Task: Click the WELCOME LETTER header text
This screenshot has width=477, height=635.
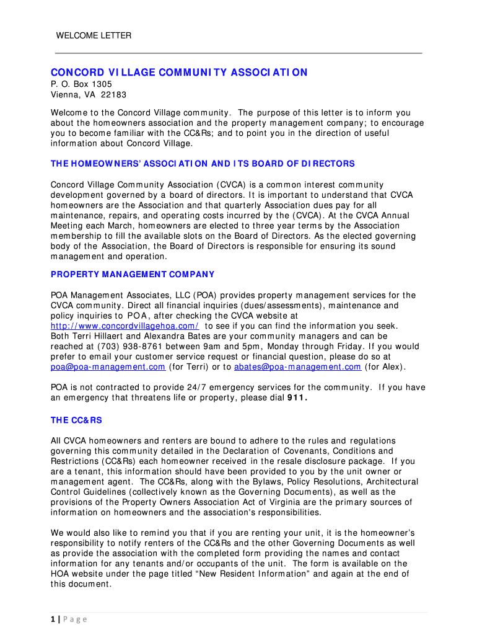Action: click(x=94, y=35)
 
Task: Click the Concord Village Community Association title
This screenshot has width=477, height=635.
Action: click(x=179, y=73)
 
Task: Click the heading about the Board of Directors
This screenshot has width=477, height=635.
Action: click(x=203, y=164)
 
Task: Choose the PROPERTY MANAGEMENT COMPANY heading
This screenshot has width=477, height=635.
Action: click(x=133, y=274)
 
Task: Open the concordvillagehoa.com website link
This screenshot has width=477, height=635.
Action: click(x=125, y=326)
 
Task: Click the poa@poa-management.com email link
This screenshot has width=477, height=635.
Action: click(x=108, y=366)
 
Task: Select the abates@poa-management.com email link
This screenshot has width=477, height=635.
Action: click(x=297, y=366)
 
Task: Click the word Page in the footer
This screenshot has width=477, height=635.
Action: click(x=76, y=619)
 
